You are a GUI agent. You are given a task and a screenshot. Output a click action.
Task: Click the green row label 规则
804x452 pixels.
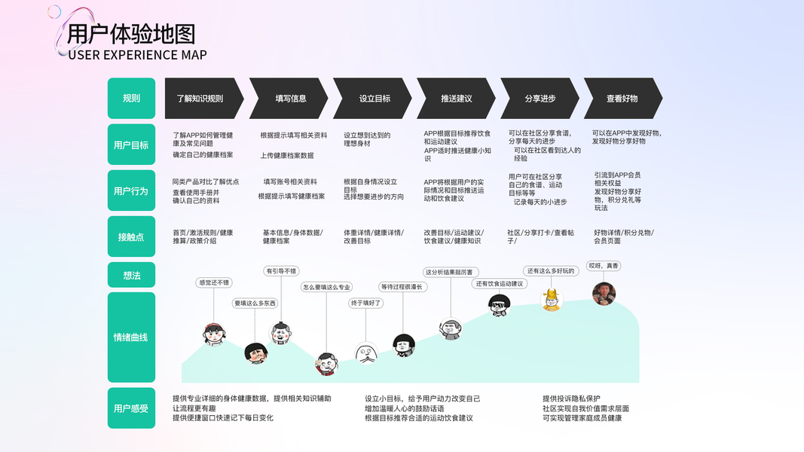[x=131, y=98]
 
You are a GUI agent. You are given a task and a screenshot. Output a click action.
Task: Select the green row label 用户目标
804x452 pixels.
[x=131, y=145]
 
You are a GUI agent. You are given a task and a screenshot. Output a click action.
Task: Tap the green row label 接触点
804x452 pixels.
[x=131, y=237]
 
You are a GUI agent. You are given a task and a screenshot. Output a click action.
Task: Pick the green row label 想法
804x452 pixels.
[x=131, y=275]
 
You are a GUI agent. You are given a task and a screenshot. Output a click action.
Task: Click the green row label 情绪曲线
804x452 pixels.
[x=131, y=337]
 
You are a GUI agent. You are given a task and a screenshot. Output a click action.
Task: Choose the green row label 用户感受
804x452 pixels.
[x=131, y=408]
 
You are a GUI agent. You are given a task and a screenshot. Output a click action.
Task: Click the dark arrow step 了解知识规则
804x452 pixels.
[x=200, y=99]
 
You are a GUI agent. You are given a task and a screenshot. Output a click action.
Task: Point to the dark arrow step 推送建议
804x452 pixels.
[x=457, y=99]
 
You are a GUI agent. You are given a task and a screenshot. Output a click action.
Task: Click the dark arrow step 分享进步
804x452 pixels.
[x=540, y=99]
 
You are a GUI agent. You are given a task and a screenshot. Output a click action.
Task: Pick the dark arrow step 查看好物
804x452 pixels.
[x=622, y=99]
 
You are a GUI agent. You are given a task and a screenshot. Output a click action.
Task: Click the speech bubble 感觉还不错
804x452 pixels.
[x=213, y=282]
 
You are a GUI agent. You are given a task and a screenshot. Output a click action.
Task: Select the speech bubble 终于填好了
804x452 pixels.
[x=366, y=303]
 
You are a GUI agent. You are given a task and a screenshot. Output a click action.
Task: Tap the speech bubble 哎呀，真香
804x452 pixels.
[x=604, y=266]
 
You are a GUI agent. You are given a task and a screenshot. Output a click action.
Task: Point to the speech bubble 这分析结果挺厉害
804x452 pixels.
[x=450, y=272]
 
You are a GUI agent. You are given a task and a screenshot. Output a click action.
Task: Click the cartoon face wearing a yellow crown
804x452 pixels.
[x=552, y=299]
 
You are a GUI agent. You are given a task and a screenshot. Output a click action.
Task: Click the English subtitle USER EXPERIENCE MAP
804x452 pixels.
[x=137, y=55]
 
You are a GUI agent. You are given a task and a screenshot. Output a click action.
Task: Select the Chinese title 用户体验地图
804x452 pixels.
[x=131, y=34]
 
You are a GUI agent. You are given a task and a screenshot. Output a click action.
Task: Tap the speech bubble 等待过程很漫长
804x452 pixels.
[x=403, y=287]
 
